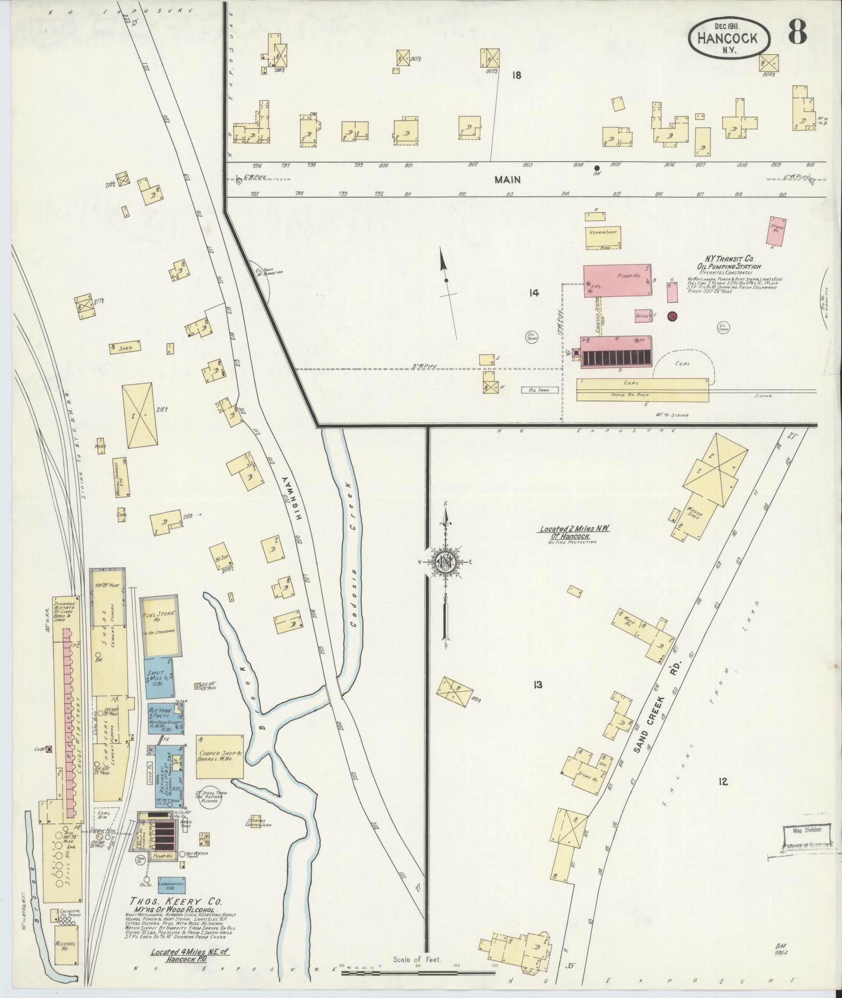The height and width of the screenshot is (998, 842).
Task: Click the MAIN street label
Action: point(508,179)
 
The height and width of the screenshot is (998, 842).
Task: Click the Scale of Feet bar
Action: point(418,971)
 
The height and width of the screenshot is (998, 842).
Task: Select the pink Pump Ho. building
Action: point(616,281)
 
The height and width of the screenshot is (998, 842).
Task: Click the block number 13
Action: point(537,684)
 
